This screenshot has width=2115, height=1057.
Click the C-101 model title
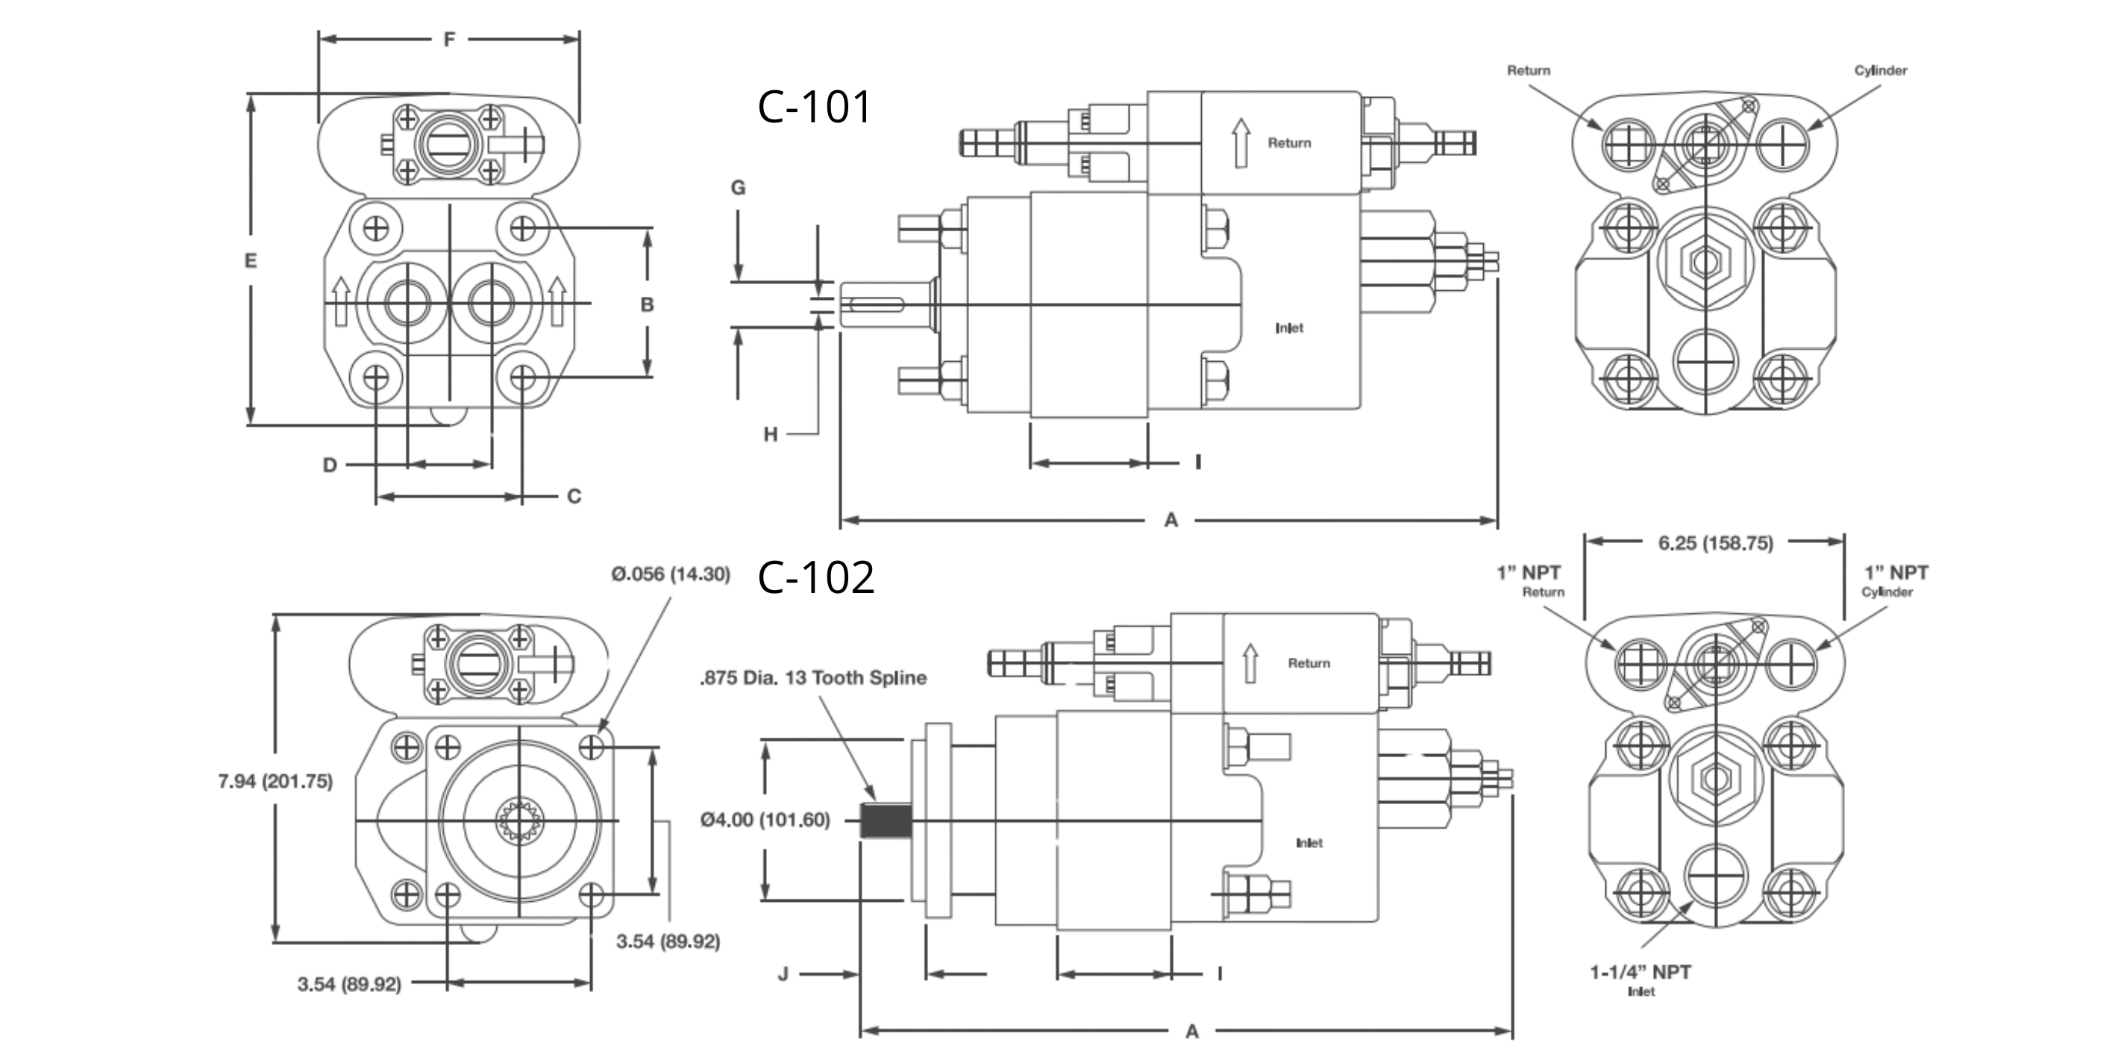(814, 107)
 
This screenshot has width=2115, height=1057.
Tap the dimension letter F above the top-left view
(449, 40)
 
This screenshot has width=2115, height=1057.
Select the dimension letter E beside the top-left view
(251, 261)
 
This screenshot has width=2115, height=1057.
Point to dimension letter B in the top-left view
(647, 304)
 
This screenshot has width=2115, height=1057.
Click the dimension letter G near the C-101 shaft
(738, 188)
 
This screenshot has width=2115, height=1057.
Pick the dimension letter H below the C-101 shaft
(770, 434)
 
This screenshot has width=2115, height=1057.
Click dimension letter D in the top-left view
(329, 465)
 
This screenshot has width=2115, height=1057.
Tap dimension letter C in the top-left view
(574, 497)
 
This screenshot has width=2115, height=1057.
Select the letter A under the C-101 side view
(1171, 520)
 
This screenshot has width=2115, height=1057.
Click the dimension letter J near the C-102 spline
(783, 974)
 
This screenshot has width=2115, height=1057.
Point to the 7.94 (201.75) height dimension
(275, 781)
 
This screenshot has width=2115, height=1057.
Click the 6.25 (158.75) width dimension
(1715, 543)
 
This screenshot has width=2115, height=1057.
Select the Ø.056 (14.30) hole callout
(670, 574)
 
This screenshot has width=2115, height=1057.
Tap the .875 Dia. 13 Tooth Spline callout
(813, 678)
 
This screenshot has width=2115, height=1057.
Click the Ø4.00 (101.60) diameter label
(765, 820)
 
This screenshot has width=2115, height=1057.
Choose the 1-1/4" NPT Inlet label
(1641, 973)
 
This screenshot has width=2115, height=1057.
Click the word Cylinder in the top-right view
(1880, 71)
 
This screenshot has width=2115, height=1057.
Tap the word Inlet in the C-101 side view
(1289, 328)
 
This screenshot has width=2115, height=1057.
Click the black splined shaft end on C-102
(886, 821)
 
